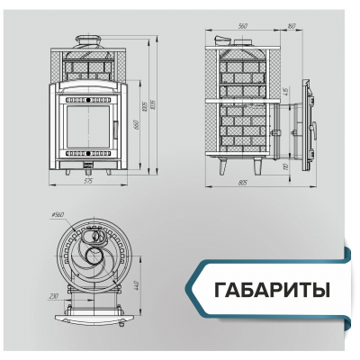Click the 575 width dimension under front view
[x=87, y=182]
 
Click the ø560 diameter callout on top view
[x=58, y=216]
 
